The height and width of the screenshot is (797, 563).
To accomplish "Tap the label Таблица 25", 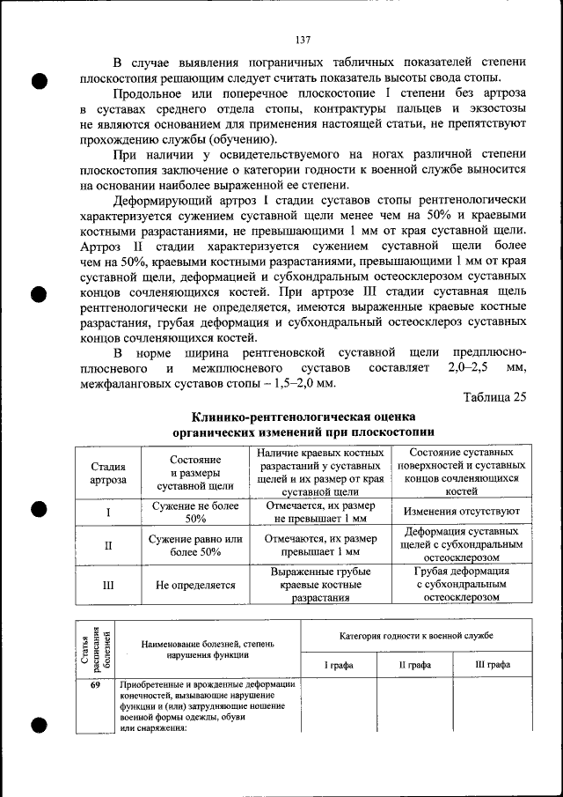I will tap(494, 396).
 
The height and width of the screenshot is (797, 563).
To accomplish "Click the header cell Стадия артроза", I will tap(108, 473).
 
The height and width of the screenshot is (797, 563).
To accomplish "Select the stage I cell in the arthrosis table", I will tap(108, 512).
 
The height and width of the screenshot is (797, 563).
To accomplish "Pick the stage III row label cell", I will tap(108, 584).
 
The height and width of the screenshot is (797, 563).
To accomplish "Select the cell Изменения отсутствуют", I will tap(461, 512).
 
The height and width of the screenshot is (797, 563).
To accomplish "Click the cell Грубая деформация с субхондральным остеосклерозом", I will tap(461, 584).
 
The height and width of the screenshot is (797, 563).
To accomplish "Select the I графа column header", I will tap(339, 665).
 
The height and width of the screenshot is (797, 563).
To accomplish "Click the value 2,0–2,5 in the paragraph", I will tap(469, 365).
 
